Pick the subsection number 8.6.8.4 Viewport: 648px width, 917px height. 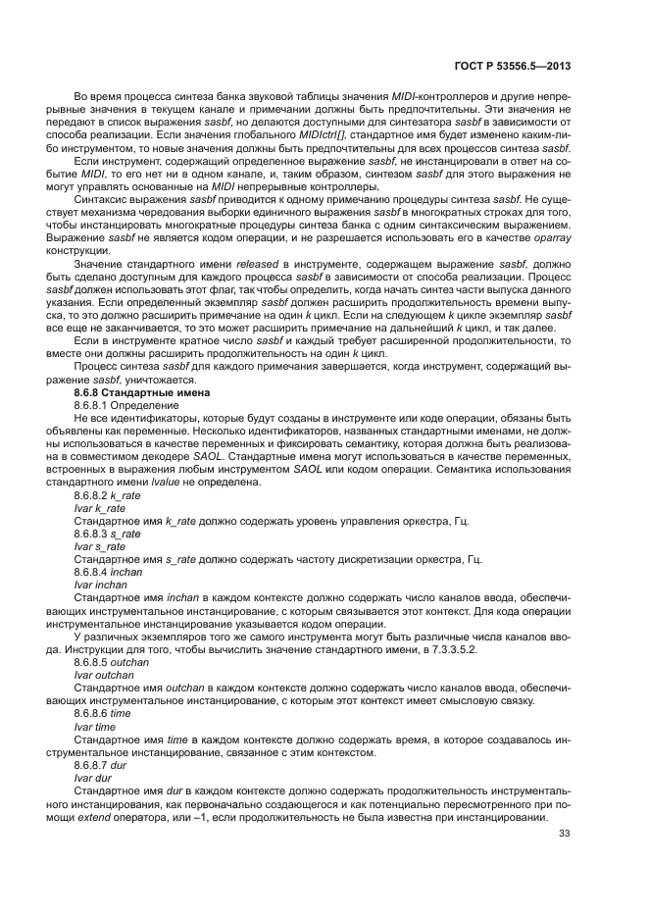click(x=96, y=571)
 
